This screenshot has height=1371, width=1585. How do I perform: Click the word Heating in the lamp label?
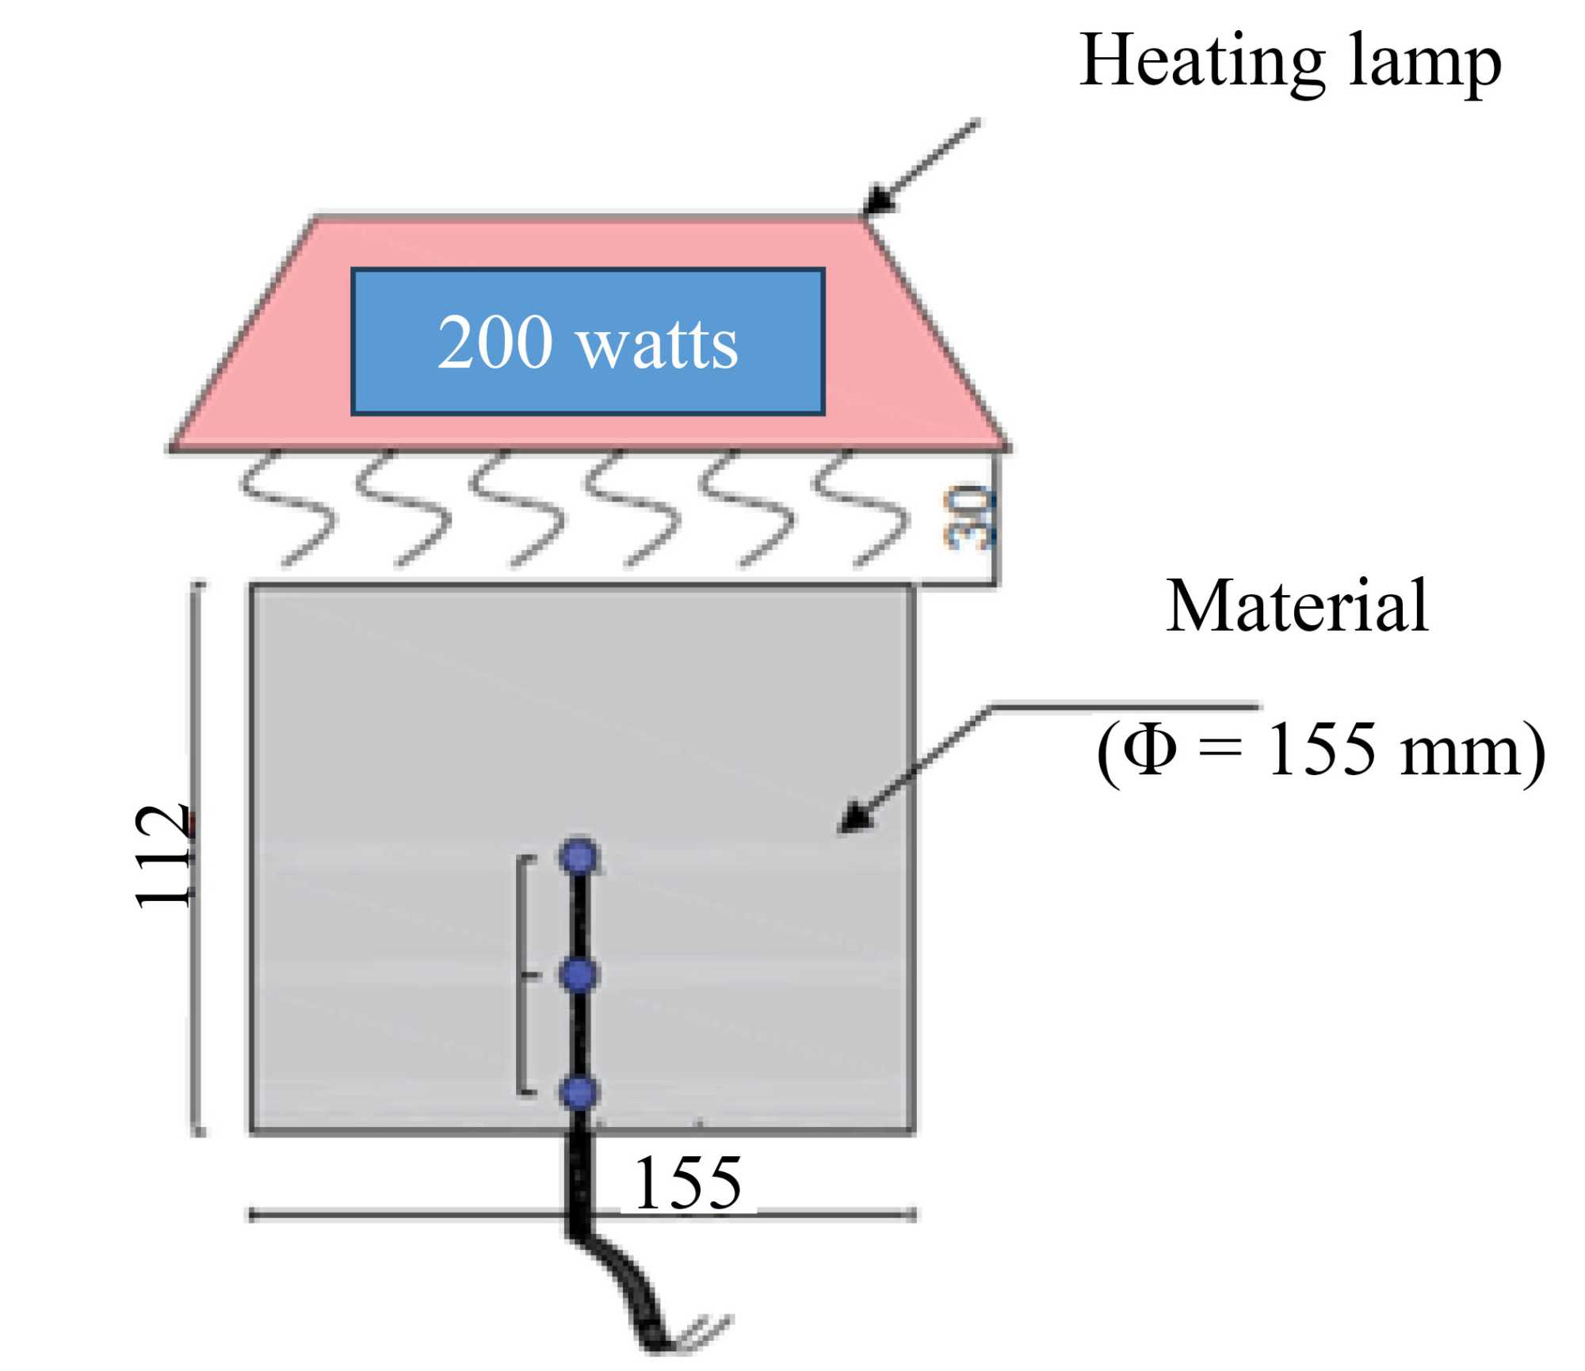pos(1201,62)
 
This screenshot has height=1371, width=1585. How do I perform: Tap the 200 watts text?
pos(587,342)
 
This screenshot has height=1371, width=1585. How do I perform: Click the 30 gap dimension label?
pos(968,519)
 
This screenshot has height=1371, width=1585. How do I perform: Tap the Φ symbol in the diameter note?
pos(1149,749)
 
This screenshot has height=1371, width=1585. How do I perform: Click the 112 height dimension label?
pos(162,856)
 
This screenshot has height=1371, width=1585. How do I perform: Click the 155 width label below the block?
pos(688,1183)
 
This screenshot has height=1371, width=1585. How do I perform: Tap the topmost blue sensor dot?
pos(579,857)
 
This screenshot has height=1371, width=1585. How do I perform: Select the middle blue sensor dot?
pos(579,975)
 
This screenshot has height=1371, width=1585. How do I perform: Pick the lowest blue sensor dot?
pos(579,1092)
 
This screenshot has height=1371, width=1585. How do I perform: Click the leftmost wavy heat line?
pos(285,507)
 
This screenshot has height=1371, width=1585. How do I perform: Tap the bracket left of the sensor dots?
pos(521,975)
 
